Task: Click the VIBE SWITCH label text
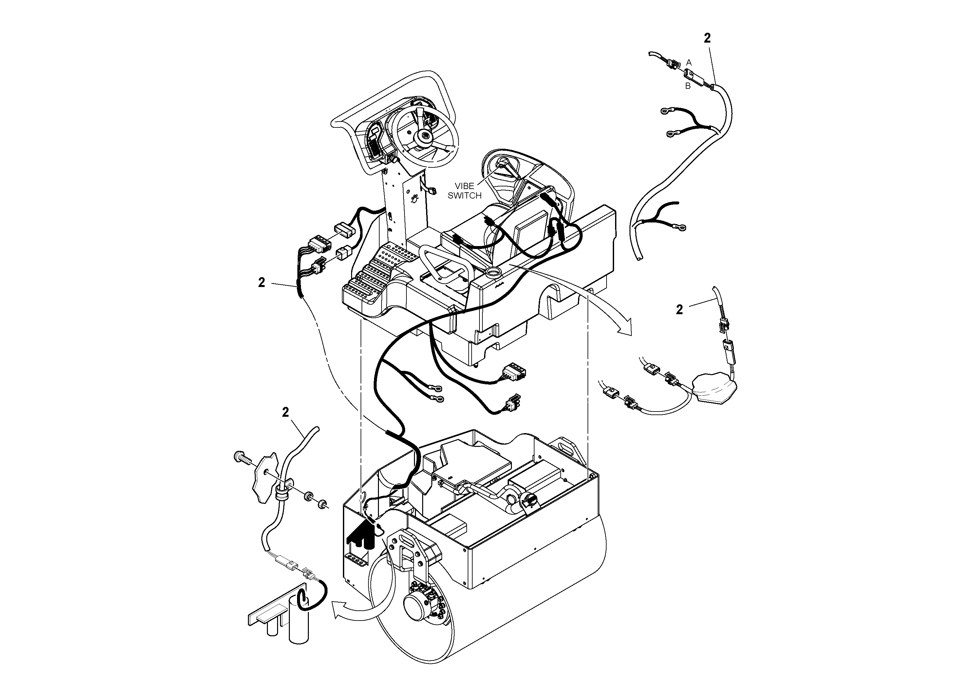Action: pyautogui.click(x=464, y=191)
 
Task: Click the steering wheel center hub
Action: pyautogui.click(x=424, y=136)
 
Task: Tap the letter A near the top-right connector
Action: pyautogui.click(x=689, y=63)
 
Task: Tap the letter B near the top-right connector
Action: pyautogui.click(x=688, y=86)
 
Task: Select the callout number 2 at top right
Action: pyautogui.click(x=707, y=38)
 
